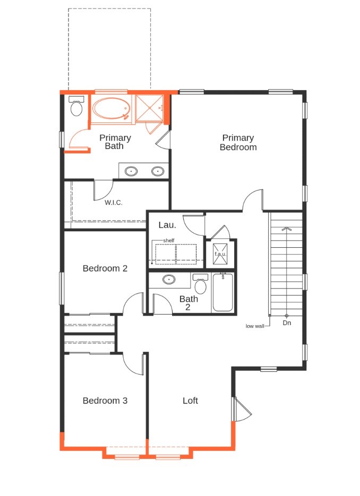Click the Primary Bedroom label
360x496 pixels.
[x=238, y=143]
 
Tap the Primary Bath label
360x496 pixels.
[x=115, y=142]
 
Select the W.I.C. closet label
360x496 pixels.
[x=114, y=202]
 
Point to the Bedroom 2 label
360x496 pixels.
[x=105, y=268]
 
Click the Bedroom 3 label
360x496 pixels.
[x=105, y=401]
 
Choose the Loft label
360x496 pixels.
[x=190, y=401]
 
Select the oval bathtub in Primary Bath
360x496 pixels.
[x=110, y=109]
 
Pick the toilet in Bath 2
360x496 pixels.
[x=201, y=285]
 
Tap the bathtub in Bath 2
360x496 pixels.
[x=222, y=292]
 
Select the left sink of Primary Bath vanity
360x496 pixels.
[x=131, y=171]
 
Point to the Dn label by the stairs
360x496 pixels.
[x=287, y=323]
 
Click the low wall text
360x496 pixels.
[x=255, y=326]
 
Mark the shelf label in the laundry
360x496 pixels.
[x=169, y=240]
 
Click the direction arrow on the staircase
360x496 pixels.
[x=286, y=229]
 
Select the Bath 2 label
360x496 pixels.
[x=188, y=303]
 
